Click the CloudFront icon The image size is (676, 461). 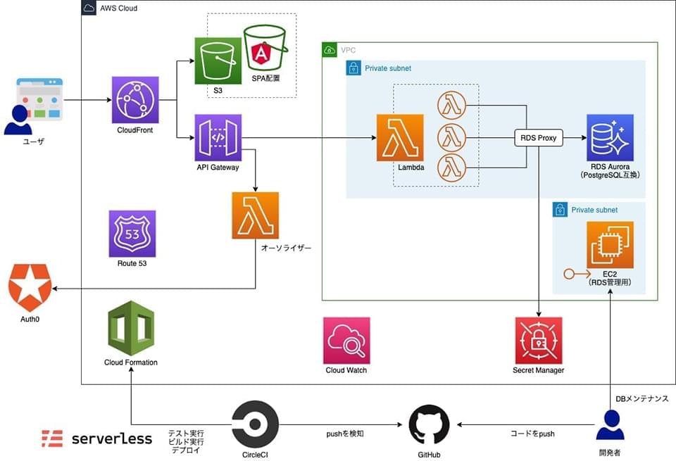(135, 100)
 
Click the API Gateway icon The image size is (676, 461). (218, 138)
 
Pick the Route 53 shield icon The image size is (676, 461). (132, 233)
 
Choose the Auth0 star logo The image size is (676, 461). (30, 288)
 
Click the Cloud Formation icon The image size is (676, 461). (131, 328)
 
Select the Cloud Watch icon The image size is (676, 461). (346, 340)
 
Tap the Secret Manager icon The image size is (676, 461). (539, 340)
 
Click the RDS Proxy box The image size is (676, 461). (539, 138)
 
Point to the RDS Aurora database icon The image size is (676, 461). (610, 138)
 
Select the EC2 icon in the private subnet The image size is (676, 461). (610, 245)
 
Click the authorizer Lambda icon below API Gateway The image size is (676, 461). (255, 215)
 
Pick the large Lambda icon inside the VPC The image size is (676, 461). (400, 138)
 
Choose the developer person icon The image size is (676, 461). (610, 425)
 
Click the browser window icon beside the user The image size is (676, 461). (40, 100)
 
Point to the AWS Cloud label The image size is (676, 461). (118, 8)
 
